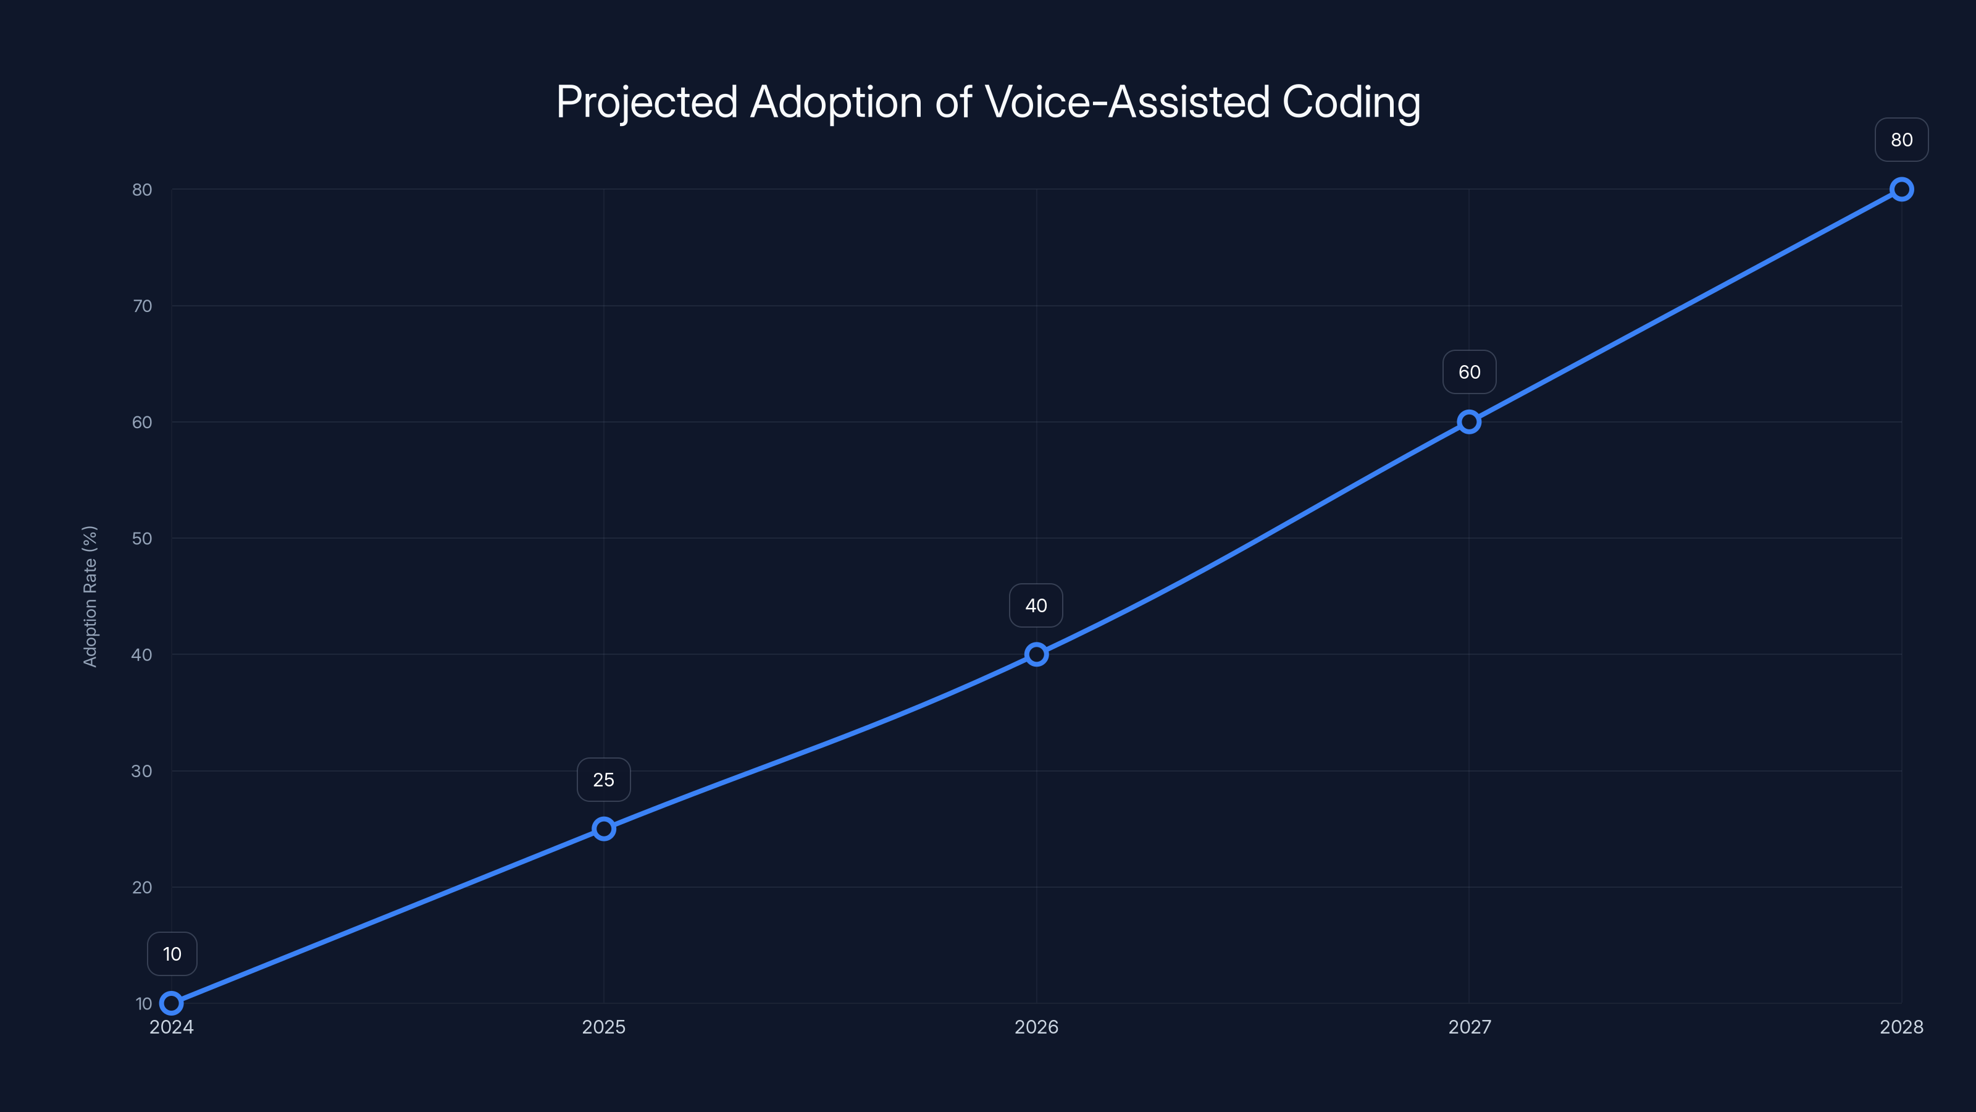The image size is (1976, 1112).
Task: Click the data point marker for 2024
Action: point(171,1003)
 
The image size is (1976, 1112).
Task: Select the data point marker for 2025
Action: point(604,829)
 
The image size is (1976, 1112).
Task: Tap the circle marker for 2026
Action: point(1036,655)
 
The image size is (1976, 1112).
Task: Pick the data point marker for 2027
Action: point(1469,422)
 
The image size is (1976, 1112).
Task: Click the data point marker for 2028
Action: point(1902,190)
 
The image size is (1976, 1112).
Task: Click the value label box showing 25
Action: point(604,780)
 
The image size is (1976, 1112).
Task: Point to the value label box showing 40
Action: point(1036,605)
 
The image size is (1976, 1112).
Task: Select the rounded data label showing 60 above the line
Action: point(1469,372)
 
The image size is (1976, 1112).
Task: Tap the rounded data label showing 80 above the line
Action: point(1902,140)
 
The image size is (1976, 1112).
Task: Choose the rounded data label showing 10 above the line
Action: point(172,954)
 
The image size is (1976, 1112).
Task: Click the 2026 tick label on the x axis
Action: point(1036,1027)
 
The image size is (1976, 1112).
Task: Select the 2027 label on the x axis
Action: point(1469,1027)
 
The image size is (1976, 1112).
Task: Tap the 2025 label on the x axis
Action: point(604,1027)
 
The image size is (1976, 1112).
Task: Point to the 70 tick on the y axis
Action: point(142,306)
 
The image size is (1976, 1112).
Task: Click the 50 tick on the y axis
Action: point(142,539)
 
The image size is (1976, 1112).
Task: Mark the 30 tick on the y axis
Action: point(142,771)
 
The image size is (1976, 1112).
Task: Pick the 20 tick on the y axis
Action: point(142,887)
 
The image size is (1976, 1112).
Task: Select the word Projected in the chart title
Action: point(647,102)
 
